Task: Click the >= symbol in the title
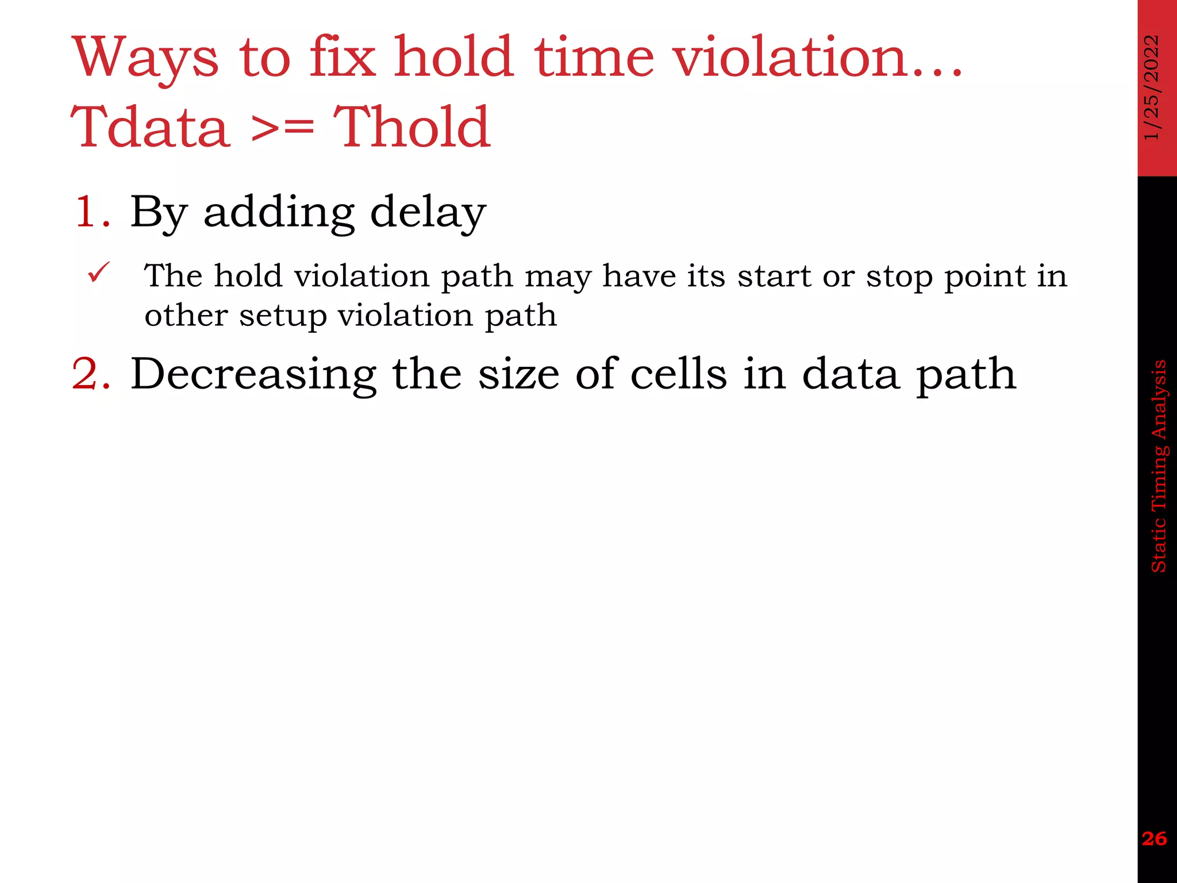click(x=282, y=128)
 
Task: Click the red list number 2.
click(x=91, y=374)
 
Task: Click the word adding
click(x=279, y=212)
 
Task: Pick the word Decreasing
click(x=253, y=374)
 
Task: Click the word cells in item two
click(x=679, y=374)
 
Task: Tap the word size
click(x=518, y=374)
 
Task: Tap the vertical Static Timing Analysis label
click(x=1157, y=466)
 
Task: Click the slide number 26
click(x=1155, y=839)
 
